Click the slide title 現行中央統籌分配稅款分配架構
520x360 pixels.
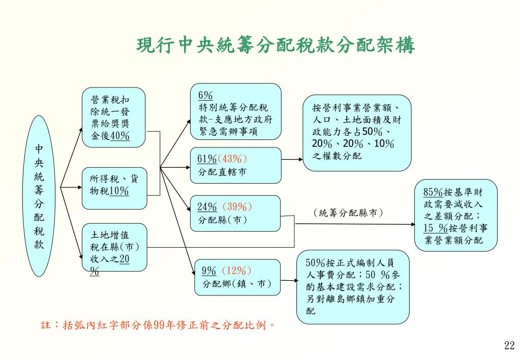pos(276,46)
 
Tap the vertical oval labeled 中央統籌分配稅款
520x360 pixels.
pos(39,196)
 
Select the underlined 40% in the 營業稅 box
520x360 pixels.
pos(120,136)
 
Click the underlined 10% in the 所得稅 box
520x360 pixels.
pos(119,191)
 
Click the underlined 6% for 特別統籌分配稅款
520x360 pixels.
pos(205,96)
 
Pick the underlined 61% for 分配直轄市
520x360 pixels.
pos(207,159)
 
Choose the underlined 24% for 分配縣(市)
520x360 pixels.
pos(207,207)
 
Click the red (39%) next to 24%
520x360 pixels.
pos(237,207)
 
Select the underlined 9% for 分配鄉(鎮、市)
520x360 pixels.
pos(209,271)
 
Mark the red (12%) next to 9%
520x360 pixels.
pos(236,271)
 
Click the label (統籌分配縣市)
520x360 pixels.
pos(348,213)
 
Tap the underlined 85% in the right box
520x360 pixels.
pos(433,192)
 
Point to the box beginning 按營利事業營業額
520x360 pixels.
pos(357,132)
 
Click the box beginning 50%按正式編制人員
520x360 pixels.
pos(353,286)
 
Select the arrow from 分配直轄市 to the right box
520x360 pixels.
pos(292,159)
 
